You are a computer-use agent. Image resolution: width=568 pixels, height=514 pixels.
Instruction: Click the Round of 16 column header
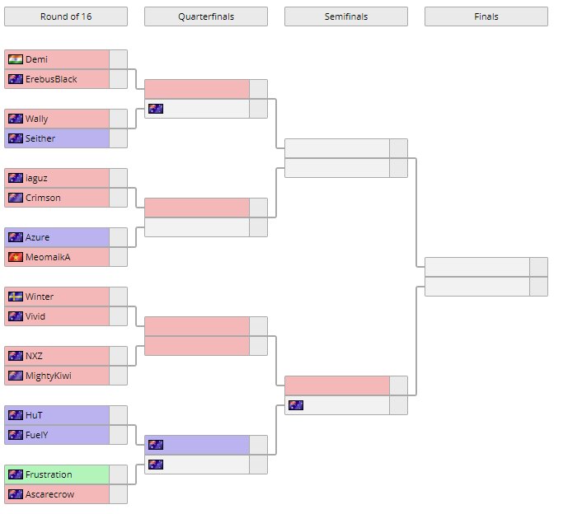66,16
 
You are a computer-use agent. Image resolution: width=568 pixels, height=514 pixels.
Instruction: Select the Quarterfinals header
205,16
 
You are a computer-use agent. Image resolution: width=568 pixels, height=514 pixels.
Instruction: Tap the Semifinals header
345,16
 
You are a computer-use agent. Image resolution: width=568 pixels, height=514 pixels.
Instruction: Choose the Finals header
486,16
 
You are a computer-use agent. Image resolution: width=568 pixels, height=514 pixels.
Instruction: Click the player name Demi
36,59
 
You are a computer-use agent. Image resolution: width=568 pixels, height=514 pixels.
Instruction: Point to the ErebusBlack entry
51,79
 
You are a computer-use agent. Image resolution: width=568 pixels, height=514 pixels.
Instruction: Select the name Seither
40,138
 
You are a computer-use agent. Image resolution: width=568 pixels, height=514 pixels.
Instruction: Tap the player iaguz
37,178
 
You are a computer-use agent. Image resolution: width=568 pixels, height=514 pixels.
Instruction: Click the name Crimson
43,198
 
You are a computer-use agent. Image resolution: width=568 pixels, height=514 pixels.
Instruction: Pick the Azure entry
38,237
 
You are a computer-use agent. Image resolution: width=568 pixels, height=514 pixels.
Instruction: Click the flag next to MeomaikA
15,257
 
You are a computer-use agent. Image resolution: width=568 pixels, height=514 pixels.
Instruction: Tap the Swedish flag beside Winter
15,297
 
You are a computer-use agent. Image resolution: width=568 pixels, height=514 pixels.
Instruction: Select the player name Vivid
36,316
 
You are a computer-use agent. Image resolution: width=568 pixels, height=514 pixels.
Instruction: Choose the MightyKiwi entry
49,376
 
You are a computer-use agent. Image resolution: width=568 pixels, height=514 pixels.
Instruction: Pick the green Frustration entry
49,474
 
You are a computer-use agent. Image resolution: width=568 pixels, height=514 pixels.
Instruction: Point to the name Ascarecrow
49,494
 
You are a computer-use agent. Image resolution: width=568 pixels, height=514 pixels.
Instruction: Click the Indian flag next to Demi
15,59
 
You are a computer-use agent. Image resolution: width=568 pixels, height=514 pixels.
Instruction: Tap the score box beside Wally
119,119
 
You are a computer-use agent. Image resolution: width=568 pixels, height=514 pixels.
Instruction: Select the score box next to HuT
119,415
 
